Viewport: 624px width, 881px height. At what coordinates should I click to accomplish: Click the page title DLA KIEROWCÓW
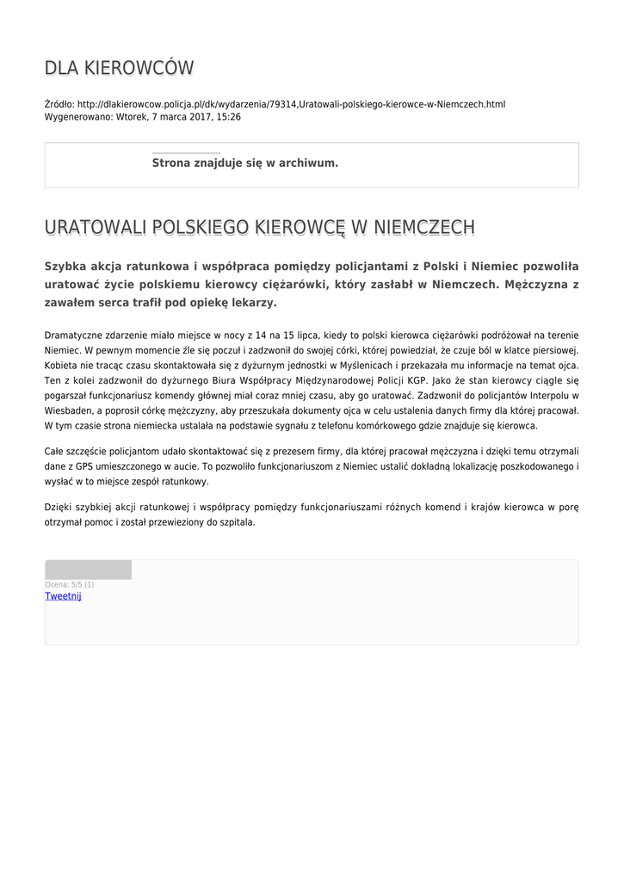(x=119, y=68)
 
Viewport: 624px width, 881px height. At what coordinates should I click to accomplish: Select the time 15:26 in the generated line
(x=229, y=117)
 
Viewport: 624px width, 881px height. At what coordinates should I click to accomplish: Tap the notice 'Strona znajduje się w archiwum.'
(x=245, y=163)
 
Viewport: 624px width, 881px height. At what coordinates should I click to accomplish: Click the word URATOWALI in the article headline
(x=96, y=228)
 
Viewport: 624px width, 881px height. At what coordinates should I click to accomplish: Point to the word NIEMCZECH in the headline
(x=423, y=228)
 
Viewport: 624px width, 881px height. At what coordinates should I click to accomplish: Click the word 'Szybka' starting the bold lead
(x=66, y=266)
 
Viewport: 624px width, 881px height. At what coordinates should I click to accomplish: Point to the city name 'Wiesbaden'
(x=68, y=412)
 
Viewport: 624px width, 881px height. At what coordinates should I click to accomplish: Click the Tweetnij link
(x=63, y=595)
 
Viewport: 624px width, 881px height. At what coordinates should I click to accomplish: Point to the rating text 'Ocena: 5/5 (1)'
(x=70, y=585)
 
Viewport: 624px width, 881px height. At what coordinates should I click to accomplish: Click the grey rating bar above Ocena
(x=88, y=570)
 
